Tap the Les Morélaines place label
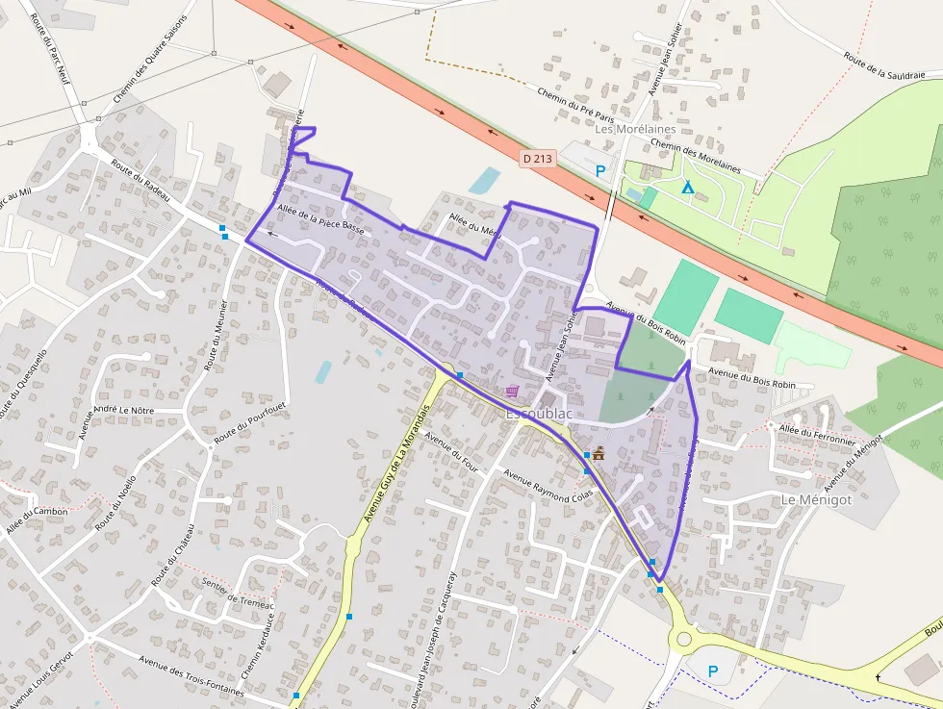pos(635,129)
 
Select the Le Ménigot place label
pos(817,500)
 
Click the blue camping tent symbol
pos(687,187)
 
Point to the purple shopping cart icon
pos(513,391)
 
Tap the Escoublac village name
pos(539,413)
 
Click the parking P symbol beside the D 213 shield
pos(600,171)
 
